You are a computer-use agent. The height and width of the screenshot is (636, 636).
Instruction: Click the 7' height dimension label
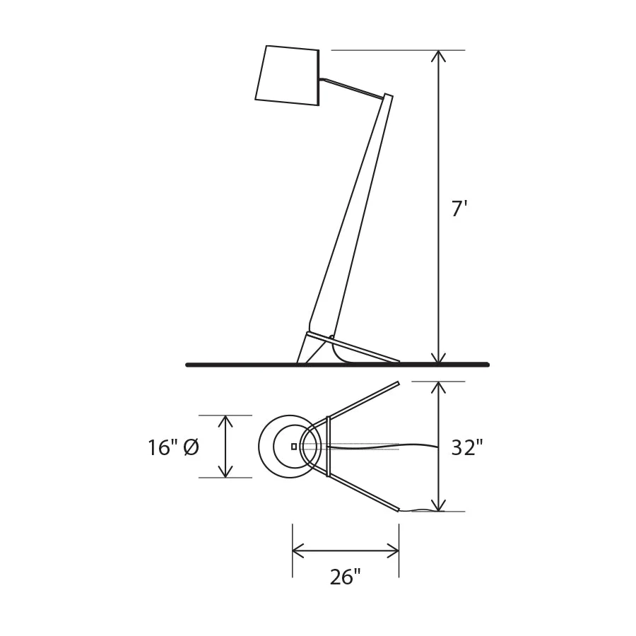tap(459, 209)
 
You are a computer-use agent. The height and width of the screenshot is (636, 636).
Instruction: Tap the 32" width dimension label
tap(466, 447)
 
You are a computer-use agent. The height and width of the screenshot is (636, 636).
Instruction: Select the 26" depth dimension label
tap(345, 577)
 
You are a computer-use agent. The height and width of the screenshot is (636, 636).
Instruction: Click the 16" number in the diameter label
tap(163, 448)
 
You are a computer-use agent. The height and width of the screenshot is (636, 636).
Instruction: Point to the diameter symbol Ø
tap(191, 448)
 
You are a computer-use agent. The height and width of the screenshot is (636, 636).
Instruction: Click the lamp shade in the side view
tap(288, 76)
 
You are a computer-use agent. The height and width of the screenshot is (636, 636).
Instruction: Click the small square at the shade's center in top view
tap(294, 447)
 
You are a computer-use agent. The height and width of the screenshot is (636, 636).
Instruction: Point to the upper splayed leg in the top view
tap(364, 401)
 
